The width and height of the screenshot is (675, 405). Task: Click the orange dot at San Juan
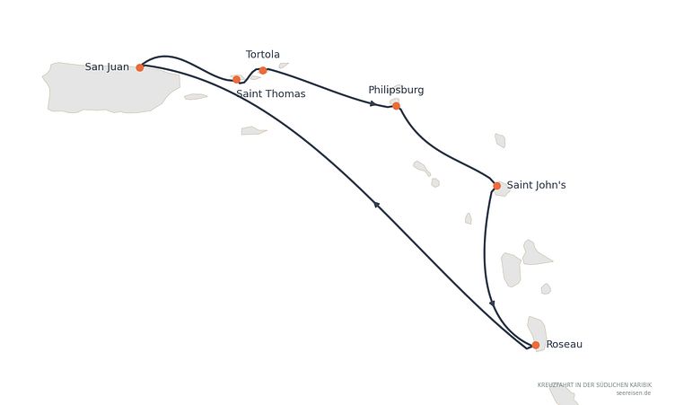[139, 67]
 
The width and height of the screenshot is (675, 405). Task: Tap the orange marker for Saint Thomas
[236, 79]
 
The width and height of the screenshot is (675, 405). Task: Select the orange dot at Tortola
[263, 70]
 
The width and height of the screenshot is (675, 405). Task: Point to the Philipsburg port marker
[396, 106]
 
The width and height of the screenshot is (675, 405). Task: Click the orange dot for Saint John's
[496, 186]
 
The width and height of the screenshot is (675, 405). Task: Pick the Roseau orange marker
[536, 345]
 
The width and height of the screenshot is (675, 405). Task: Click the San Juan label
[107, 66]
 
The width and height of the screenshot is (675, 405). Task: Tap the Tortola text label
[263, 54]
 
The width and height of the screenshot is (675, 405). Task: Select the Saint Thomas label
[271, 93]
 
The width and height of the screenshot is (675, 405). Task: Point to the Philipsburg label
[396, 90]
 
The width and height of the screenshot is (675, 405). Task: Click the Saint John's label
[536, 185]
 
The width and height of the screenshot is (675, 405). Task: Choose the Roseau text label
[564, 344]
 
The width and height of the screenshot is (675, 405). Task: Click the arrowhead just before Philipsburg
[373, 103]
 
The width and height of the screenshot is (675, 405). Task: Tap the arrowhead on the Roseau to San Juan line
[376, 205]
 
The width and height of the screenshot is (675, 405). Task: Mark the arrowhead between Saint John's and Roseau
[492, 304]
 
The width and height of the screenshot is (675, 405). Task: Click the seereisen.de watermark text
[633, 393]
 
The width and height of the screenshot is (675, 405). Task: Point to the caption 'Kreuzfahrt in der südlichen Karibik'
[594, 384]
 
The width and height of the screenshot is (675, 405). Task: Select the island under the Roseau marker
[538, 332]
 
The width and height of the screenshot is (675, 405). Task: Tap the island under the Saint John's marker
[502, 189]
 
